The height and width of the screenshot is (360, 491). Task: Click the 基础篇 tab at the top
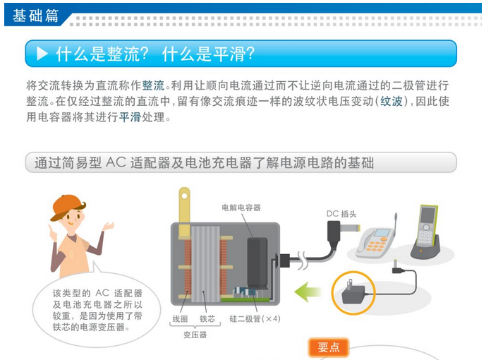tap(35, 16)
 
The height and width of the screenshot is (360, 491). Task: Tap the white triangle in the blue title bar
tap(42, 54)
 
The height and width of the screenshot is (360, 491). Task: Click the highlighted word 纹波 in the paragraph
tap(392, 101)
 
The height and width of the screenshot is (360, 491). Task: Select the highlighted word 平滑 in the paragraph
tap(130, 117)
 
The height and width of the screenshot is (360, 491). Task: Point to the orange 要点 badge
tap(329, 347)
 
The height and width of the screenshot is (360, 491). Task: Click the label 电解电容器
tap(241, 208)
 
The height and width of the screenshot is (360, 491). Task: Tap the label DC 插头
tap(341, 214)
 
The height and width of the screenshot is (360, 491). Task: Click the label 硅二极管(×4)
tap(255, 319)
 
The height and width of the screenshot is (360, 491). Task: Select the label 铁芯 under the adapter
tap(207, 319)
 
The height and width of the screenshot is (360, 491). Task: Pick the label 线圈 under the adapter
tap(180, 319)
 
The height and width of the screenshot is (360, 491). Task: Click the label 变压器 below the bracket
tap(195, 335)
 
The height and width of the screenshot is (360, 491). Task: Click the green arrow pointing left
tap(308, 292)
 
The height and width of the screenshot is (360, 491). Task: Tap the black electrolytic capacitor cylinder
tap(257, 263)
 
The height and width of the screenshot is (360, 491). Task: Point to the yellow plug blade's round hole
tap(184, 196)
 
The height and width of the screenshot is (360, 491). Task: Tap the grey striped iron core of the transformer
tap(205, 264)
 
